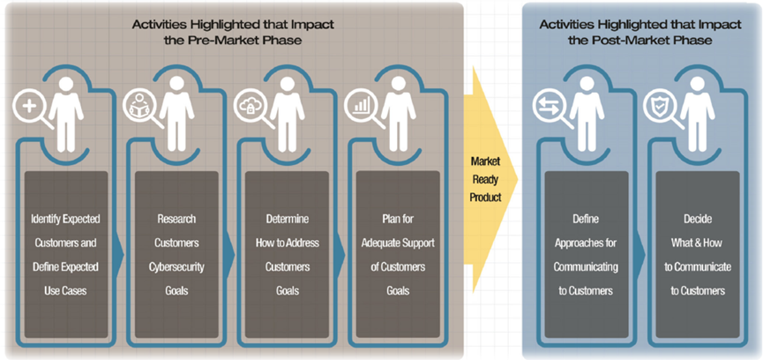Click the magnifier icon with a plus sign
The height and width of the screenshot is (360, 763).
29,106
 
